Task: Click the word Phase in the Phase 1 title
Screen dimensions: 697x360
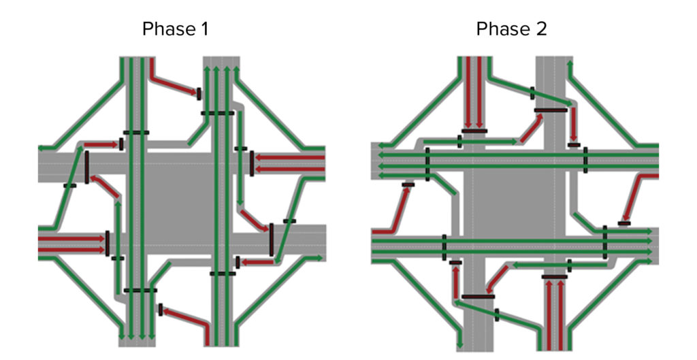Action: point(166,29)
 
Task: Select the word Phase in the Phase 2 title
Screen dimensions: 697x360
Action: point(500,29)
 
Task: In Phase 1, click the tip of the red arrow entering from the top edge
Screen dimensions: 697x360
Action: point(196,93)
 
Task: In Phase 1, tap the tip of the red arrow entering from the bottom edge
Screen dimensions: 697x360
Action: point(163,311)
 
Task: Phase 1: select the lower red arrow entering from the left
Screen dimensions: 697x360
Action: point(71,250)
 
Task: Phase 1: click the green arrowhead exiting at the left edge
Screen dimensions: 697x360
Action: point(42,148)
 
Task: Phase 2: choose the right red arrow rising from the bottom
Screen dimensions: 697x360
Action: point(561,316)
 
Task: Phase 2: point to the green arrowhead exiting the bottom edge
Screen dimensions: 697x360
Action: point(460,345)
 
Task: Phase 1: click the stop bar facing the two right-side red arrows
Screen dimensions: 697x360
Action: point(252,163)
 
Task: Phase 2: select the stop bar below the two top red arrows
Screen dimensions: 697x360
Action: point(474,131)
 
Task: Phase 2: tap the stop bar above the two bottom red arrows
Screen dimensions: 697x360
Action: point(554,277)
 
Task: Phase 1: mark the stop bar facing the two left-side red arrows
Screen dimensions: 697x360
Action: point(107,244)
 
